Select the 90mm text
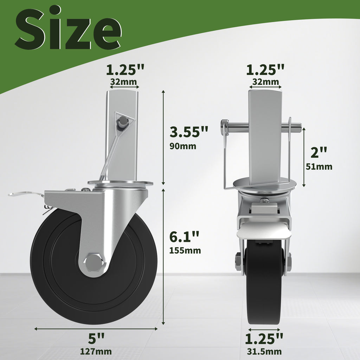coord(183,146)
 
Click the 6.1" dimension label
coord(184,237)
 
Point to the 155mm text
coord(185,250)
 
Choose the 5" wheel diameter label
coord(96,338)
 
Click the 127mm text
coord(96,351)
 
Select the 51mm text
coord(319,166)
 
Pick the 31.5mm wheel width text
coord(264,351)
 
